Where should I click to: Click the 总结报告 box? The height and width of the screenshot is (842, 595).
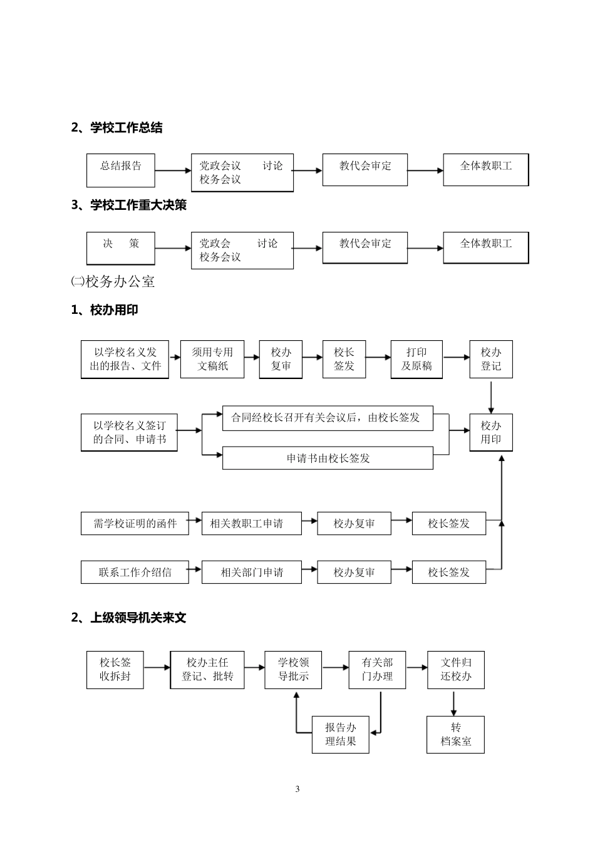[121, 170]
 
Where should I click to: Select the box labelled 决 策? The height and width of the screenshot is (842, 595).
[121, 247]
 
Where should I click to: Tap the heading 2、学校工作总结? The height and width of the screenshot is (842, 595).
[117, 128]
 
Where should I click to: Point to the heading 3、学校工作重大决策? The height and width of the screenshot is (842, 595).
[129, 205]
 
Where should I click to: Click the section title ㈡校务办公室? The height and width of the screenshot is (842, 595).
[113, 282]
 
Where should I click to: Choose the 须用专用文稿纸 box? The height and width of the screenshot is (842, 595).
[212, 359]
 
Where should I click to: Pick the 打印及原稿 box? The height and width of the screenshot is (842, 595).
[416, 359]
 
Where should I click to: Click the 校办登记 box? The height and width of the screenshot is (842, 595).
[491, 359]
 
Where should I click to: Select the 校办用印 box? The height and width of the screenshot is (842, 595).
[491, 432]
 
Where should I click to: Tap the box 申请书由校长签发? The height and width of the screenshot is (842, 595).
[328, 458]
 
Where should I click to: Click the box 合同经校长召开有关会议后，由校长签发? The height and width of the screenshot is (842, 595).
[328, 418]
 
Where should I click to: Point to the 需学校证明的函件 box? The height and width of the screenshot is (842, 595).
[135, 523]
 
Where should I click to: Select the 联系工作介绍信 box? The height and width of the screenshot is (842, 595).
[135, 572]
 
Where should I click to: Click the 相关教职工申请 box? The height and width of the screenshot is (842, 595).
[251, 523]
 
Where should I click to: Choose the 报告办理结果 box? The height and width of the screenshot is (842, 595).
[341, 734]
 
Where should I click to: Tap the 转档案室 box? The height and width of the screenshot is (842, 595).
[455, 734]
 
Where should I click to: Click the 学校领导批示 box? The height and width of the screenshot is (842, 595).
[294, 670]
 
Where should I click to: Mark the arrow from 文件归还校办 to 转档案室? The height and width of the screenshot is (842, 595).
[454, 702]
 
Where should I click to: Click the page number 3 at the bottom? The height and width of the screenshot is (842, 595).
[297, 789]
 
